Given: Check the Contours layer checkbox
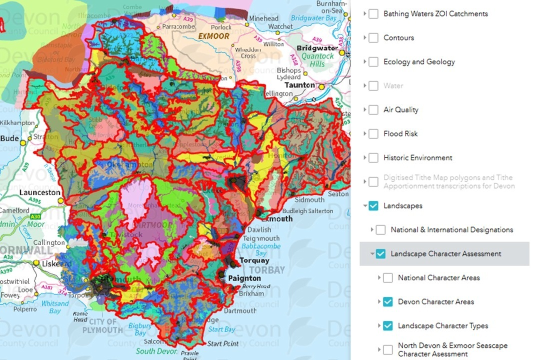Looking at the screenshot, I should tap(373, 38).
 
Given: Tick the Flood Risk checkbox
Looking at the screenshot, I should tap(373, 134).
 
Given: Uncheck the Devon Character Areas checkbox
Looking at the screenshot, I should tap(387, 302).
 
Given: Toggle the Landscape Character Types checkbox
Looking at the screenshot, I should tap(387, 326).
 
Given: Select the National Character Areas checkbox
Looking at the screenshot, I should tap(387, 278).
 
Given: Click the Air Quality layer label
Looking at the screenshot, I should tap(400, 110).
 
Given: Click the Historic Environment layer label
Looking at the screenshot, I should tap(417, 158).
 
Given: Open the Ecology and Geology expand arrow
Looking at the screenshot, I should tap(365, 62).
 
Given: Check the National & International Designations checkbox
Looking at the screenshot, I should tap(380, 230).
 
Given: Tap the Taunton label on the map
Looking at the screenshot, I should tap(300, 85).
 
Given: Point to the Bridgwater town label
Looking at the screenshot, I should tap(317, 48).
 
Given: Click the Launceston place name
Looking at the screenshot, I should tap(40, 192).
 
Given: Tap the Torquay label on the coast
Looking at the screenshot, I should tap(254, 260).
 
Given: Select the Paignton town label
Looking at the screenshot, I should tap(244, 278).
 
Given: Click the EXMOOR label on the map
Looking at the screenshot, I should tap(213, 36).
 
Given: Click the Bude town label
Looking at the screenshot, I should tap(10, 138).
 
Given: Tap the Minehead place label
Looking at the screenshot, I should tap(263, 18).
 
